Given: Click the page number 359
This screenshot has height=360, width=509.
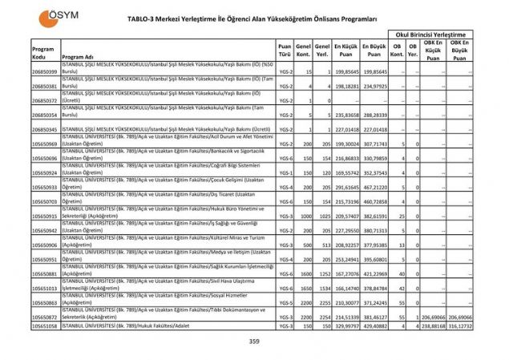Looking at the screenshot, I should (254, 342).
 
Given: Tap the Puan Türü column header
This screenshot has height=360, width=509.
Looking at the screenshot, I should (285, 50).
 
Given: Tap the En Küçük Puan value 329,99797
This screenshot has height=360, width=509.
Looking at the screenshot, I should (345, 326).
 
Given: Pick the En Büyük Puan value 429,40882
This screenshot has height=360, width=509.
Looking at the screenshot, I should (374, 326).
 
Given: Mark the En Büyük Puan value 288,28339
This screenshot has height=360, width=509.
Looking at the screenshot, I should (374, 115).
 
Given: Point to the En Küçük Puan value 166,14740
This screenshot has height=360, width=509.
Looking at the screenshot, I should (345, 288).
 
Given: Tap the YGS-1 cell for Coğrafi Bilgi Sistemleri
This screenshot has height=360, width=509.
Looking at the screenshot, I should (285, 172).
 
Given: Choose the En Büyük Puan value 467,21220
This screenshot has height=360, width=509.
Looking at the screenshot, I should (374, 187).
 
